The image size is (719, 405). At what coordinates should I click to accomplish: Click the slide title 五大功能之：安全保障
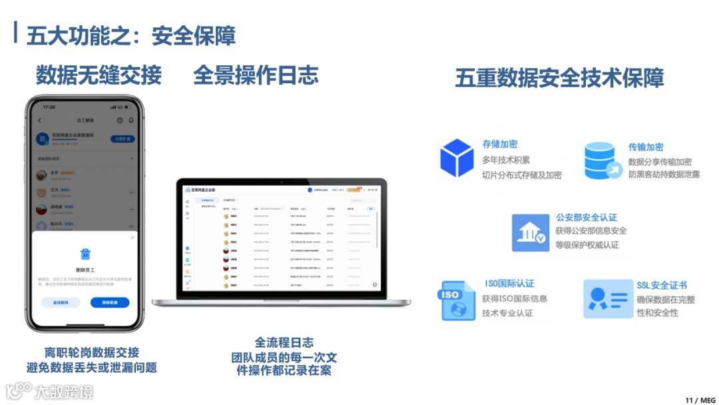[130, 35]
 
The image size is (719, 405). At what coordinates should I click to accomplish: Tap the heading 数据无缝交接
[99, 75]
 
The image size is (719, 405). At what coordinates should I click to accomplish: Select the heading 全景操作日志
[256, 75]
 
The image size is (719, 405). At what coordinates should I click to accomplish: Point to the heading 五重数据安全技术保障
[559, 77]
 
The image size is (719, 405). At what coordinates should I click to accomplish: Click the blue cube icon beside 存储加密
[457, 158]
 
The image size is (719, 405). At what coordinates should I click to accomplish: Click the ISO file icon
[457, 300]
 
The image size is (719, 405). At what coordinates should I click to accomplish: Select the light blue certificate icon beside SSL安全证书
[607, 298]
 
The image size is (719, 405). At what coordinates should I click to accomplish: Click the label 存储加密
[500, 144]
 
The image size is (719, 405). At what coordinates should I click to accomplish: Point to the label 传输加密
[646, 147]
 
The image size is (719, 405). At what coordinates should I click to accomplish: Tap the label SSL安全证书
[662, 285]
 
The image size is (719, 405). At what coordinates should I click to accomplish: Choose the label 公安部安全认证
[587, 217]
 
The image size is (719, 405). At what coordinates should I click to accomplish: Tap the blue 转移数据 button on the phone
[110, 302]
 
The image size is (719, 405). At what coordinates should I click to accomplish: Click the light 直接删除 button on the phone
[61, 302]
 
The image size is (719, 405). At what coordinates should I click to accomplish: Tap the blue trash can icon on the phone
[85, 254]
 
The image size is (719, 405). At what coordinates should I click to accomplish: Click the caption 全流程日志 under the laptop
[284, 343]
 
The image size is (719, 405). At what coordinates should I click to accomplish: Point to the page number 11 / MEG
[699, 400]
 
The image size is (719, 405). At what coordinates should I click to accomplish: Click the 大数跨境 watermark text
[64, 391]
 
